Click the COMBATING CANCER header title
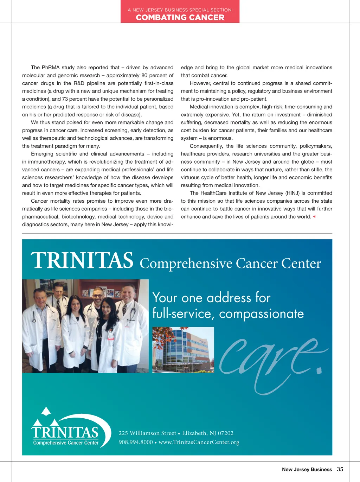[x=180, y=17]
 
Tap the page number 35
[x=340, y=469]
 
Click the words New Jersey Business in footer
[x=307, y=469]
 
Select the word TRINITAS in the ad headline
[x=82, y=261]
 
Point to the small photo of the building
[x=183, y=350]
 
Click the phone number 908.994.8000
[x=136, y=442]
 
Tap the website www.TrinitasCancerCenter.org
[x=199, y=442]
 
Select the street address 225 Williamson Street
[x=147, y=433]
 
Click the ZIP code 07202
[x=226, y=433]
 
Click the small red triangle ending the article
[x=314, y=217]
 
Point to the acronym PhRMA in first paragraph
[x=51, y=68]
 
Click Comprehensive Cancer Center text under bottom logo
[x=66, y=443]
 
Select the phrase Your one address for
[x=211, y=298]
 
